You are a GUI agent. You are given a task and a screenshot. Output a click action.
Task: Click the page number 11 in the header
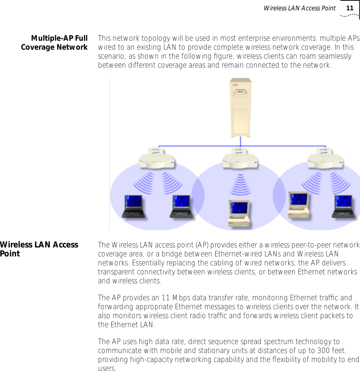(x=350, y=8)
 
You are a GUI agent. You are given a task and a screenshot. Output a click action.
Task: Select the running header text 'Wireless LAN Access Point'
(x=299, y=8)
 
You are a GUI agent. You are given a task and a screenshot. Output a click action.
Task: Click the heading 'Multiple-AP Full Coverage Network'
(x=54, y=43)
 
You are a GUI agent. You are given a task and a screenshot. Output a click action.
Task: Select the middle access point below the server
(x=240, y=159)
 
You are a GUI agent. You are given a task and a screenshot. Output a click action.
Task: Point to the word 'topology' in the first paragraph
(x=144, y=38)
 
